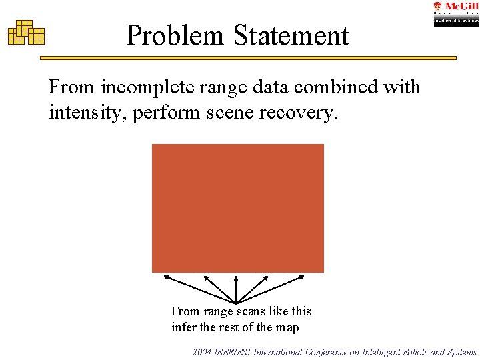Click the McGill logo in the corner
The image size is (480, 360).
[x=456, y=13]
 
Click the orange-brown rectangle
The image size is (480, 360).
[x=238, y=208]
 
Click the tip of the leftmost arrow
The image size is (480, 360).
[x=164, y=275]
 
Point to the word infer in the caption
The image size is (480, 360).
[x=184, y=327]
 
